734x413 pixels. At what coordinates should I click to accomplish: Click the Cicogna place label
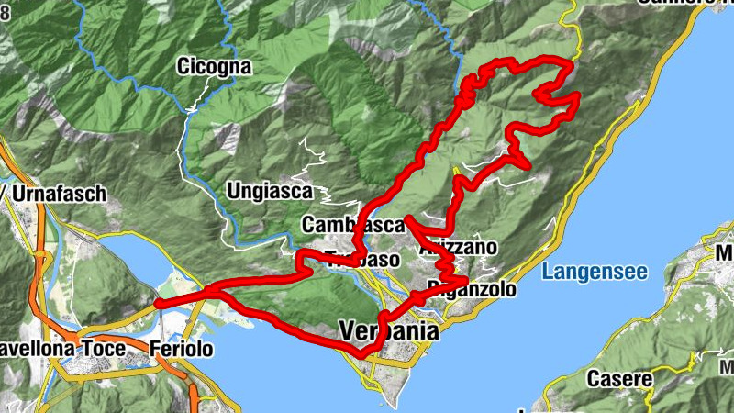[213, 67]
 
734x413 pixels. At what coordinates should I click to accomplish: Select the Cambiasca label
[352, 225]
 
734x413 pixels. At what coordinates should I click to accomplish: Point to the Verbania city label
[385, 329]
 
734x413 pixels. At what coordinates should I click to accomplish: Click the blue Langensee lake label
[595, 272]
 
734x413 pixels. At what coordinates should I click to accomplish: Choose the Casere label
[620, 378]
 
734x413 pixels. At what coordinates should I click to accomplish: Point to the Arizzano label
[457, 248]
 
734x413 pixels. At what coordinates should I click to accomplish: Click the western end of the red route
[158, 303]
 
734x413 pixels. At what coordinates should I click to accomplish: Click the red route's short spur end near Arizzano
[406, 218]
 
